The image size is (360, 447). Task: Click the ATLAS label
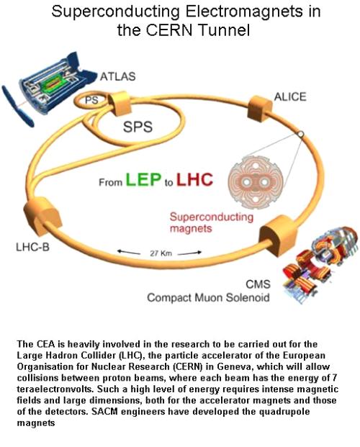click(x=117, y=76)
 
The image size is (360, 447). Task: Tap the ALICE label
click(x=290, y=97)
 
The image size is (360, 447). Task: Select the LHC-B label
click(x=32, y=247)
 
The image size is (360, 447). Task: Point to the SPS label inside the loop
click(x=138, y=127)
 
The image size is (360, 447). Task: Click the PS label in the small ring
click(x=91, y=100)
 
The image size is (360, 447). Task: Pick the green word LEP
click(x=143, y=179)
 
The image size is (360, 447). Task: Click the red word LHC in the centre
click(x=195, y=179)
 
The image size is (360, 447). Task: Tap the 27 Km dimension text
click(x=161, y=253)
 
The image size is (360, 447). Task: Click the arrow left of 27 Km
click(x=129, y=252)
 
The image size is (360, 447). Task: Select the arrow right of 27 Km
click(x=189, y=253)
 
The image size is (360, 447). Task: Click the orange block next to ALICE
click(x=260, y=109)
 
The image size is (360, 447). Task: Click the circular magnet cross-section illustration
click(x=256, y=182)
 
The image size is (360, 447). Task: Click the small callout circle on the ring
click(x=300, y=134)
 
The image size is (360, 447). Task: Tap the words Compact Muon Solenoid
click(x=208, y=297)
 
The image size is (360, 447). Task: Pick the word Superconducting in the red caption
click(x=212, y=217)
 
